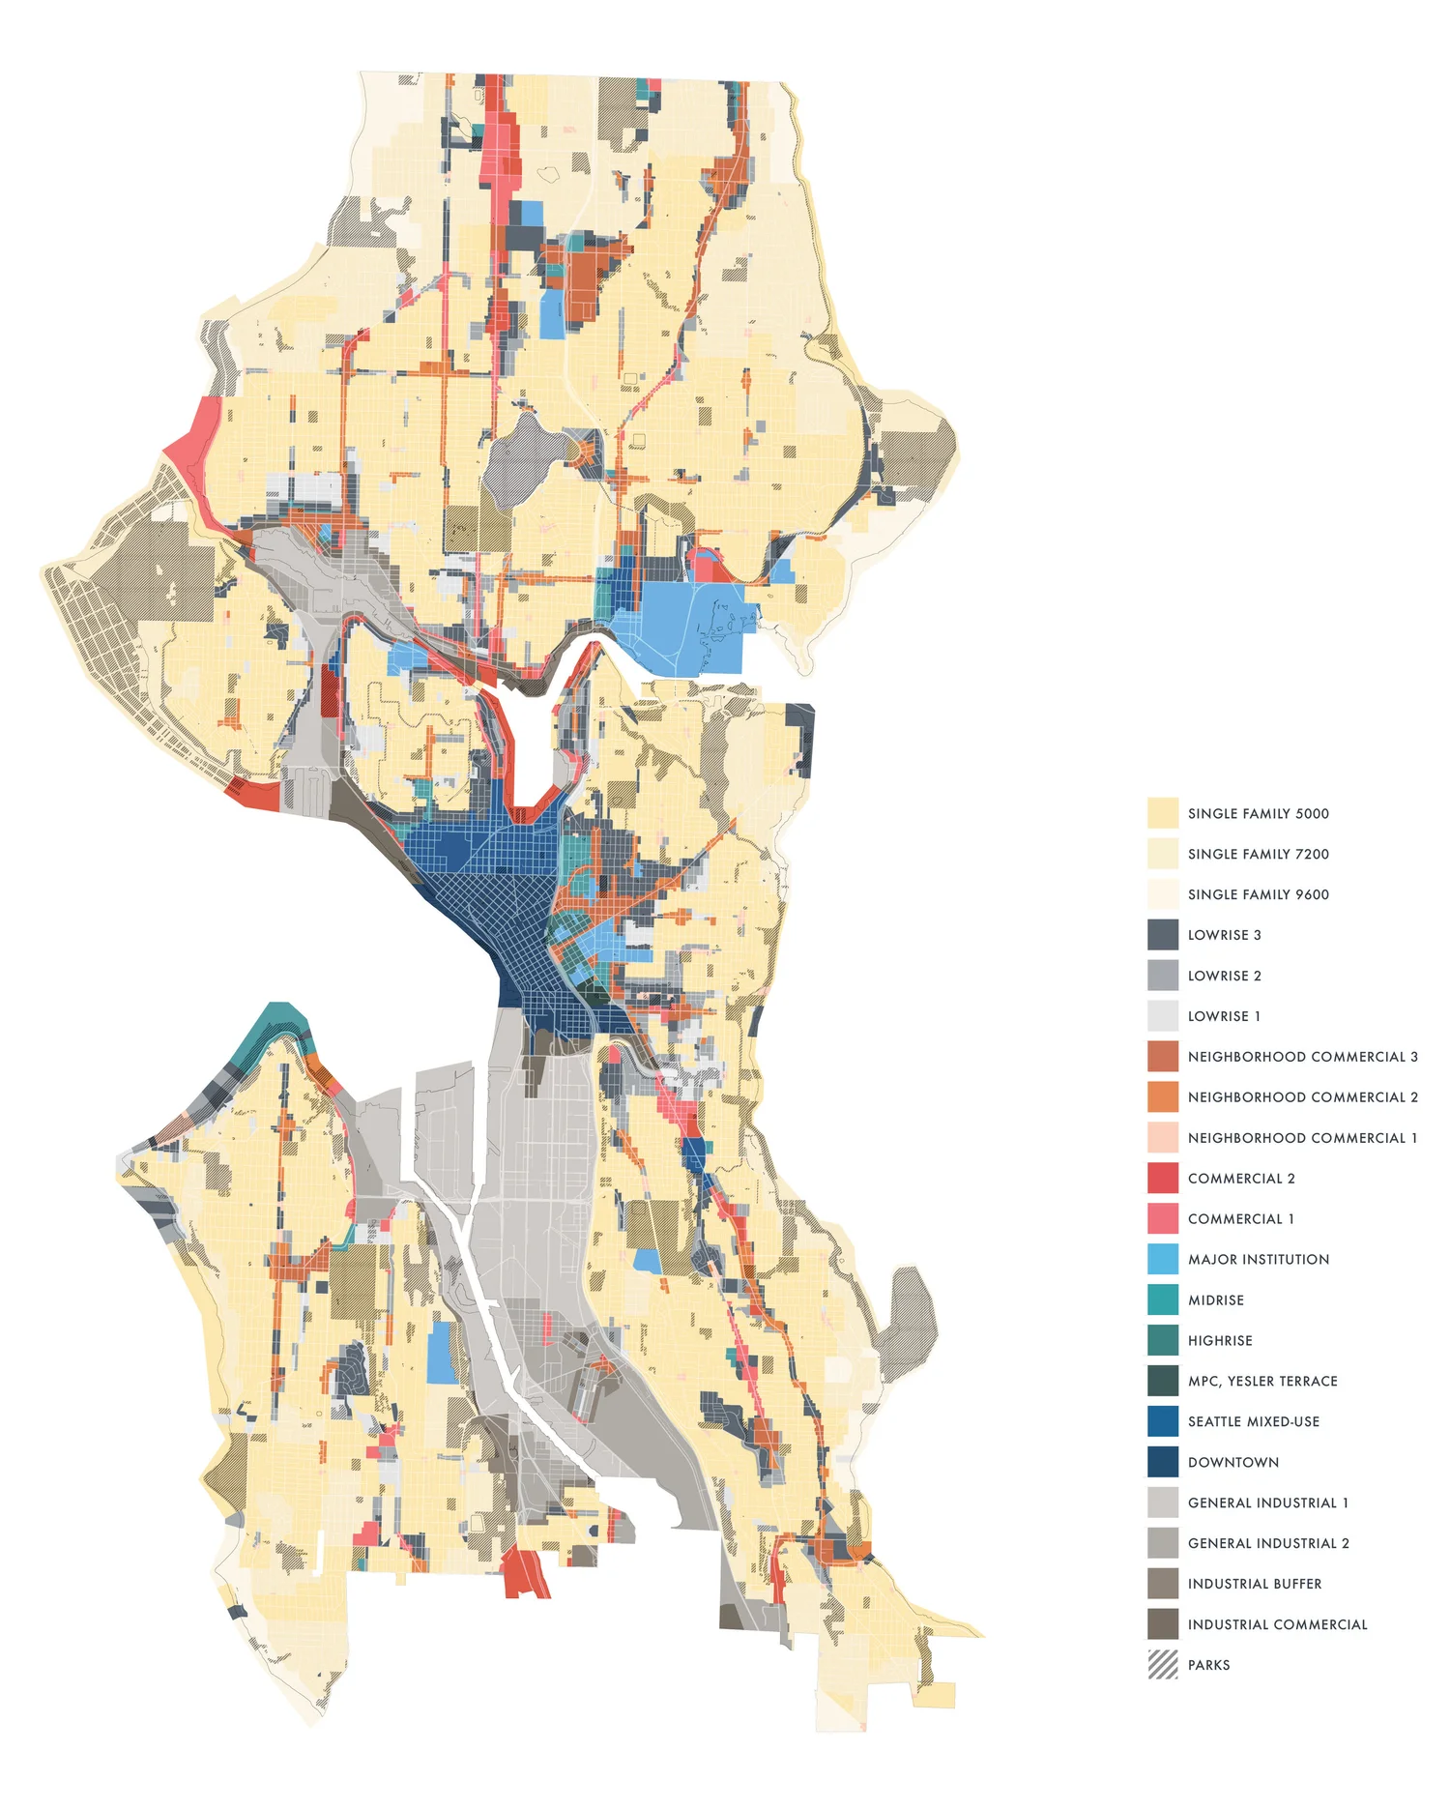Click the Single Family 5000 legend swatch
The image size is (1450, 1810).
point(1163,813)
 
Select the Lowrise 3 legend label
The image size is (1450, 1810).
point(1224,935)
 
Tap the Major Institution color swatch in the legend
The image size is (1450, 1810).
point(1163,1259)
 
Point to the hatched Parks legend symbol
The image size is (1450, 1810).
point(1163,1665)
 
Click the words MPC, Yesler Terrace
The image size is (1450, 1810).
point(1262,1381)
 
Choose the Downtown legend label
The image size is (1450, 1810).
point(1232,1462)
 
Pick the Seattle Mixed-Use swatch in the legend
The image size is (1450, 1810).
point(1163,1421)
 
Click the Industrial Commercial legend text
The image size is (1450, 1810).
point(1277,1624)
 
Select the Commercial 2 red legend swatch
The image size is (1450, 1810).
point(1163,1178)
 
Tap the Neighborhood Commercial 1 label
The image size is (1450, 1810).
point(1302,1138)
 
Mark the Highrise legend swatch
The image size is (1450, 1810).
point(1163,1340)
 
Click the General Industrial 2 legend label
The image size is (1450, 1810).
point(1268,1543)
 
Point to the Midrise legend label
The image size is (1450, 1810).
point(1216,1299)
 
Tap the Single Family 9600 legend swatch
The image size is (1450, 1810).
point(1163,894)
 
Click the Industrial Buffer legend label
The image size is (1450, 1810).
point(1255,1584)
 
